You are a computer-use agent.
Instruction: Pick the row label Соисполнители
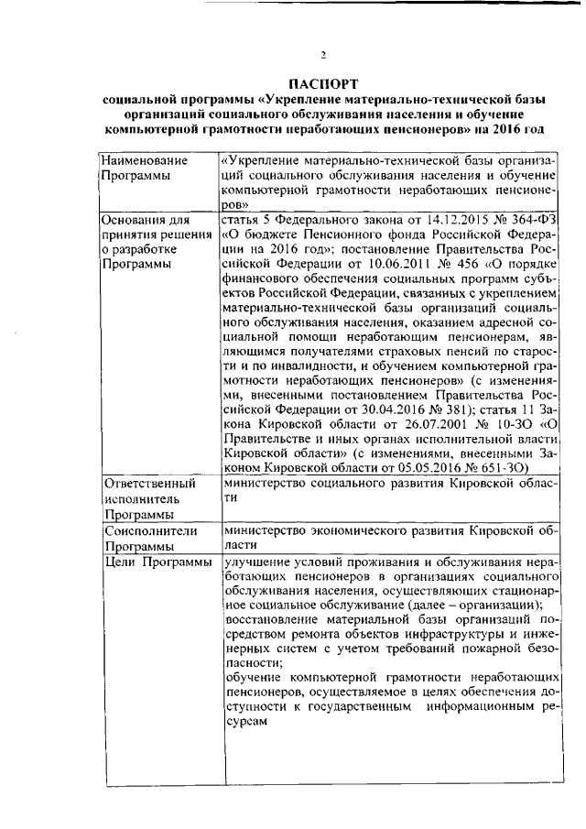click(146, 529)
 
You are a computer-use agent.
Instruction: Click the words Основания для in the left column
click(145, 220)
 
